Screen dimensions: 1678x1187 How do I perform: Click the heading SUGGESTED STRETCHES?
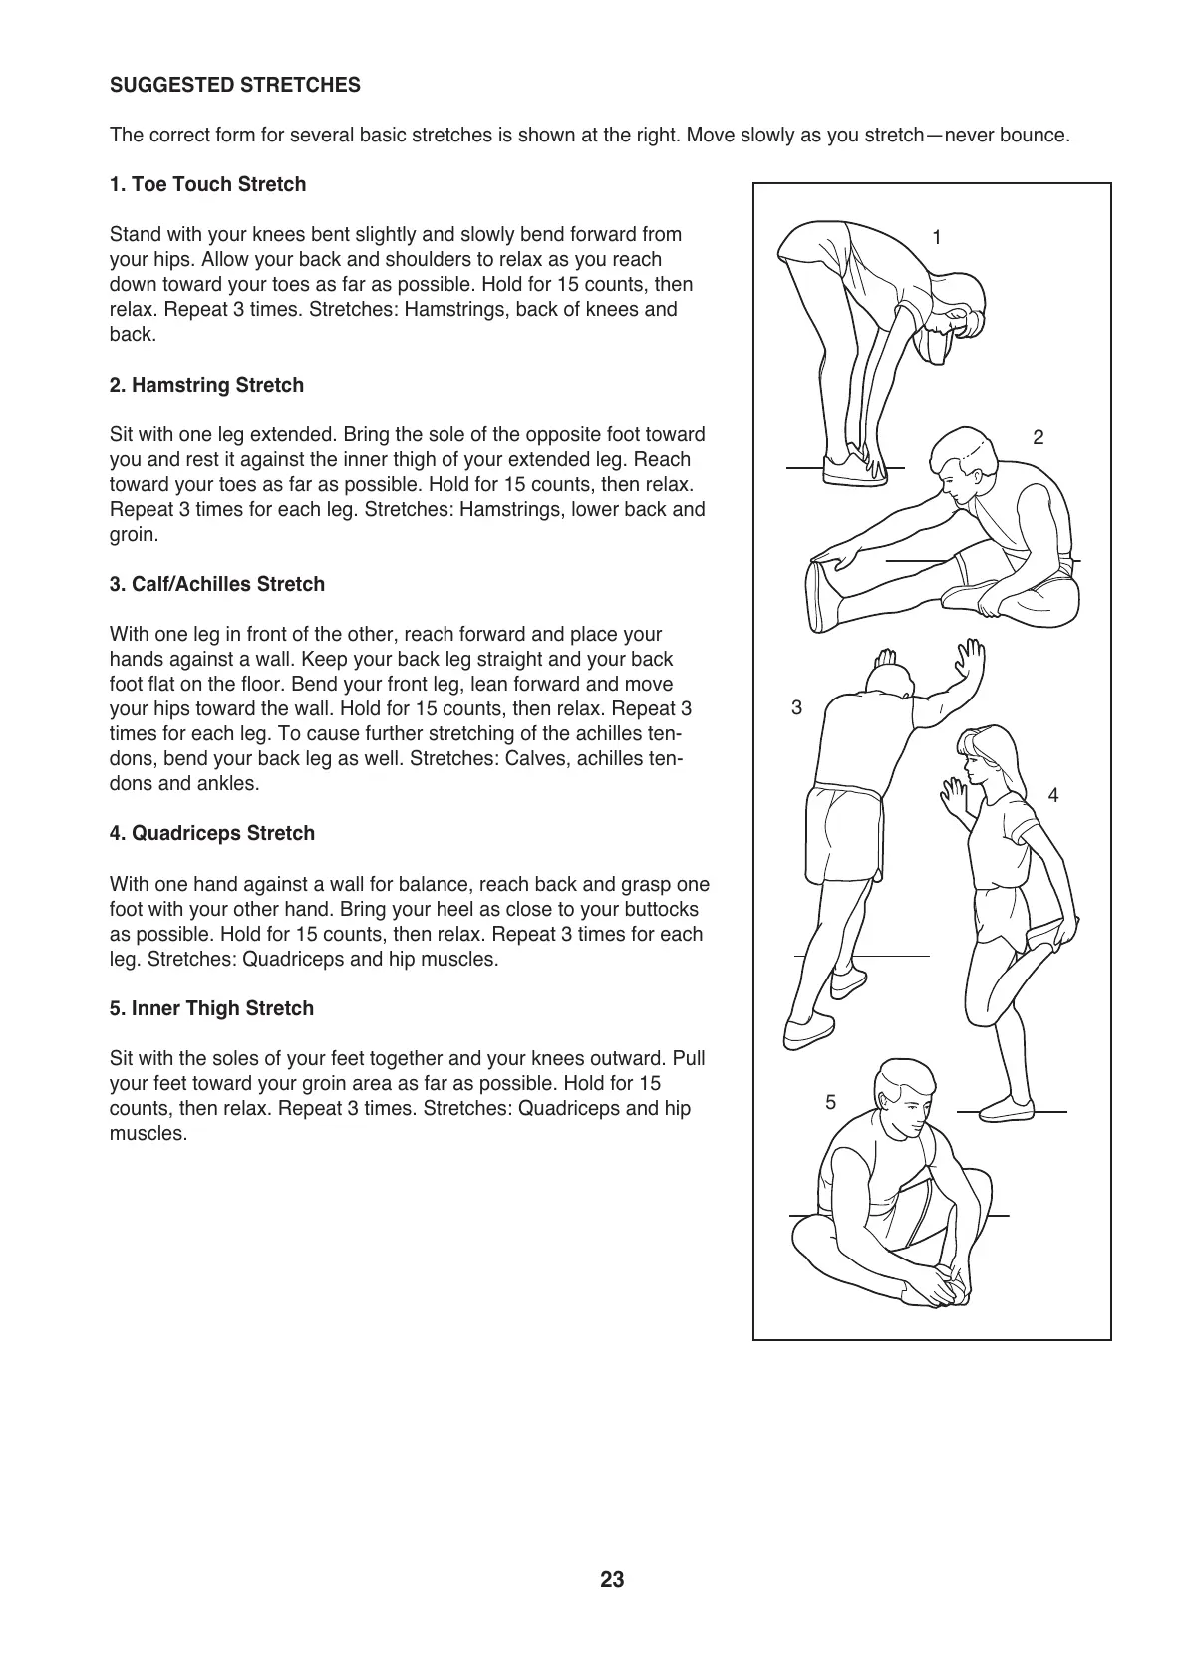(x=235, y=86)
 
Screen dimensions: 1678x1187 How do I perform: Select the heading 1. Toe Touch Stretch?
(x=207, y=185)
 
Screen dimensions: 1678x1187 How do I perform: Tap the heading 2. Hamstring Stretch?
(x=206, y=386)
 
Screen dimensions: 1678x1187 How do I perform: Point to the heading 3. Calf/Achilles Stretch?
(x=216, y=585)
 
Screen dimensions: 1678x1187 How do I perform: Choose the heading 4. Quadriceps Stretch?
(x=211, y=834)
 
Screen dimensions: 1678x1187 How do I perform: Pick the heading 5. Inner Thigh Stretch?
(x=211, y=1009)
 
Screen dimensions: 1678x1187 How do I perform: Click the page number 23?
(x=612, y=1580)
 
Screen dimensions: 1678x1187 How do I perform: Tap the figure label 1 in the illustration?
(x=936, y=237)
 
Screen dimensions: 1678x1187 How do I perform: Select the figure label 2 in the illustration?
(x=1039, y=437)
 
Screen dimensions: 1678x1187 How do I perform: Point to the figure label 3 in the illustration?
(x=796, y=708)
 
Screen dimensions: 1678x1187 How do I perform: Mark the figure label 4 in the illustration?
(x=1053, y=795)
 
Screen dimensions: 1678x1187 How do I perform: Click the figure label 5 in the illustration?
(x=830, y=1102)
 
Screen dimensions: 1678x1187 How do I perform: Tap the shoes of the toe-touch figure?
(x=854, y=469)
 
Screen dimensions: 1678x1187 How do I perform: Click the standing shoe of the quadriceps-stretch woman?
(x=1008, y=1108)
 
